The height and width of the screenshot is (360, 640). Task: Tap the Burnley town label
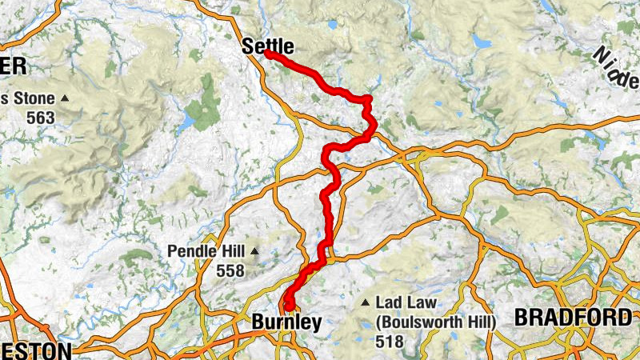(x=286, y=322)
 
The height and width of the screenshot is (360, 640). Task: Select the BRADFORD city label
(x=572, y=318)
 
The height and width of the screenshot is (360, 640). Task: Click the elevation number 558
(x=230, y=271)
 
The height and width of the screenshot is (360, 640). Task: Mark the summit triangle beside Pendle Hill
(x=254, y=252)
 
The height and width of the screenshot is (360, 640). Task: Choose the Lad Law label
(x=405, y=303)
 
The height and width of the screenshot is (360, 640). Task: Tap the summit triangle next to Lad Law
(x=366, y=303)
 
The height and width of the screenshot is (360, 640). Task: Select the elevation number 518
(x=388, y=341)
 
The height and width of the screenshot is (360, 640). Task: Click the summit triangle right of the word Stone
(x=65, y=99)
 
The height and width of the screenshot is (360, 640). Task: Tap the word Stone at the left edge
(x=30, y=99)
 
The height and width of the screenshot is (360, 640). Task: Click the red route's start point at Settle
(x=267, y=54)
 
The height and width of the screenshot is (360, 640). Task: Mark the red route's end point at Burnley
(x=286, y=306)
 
